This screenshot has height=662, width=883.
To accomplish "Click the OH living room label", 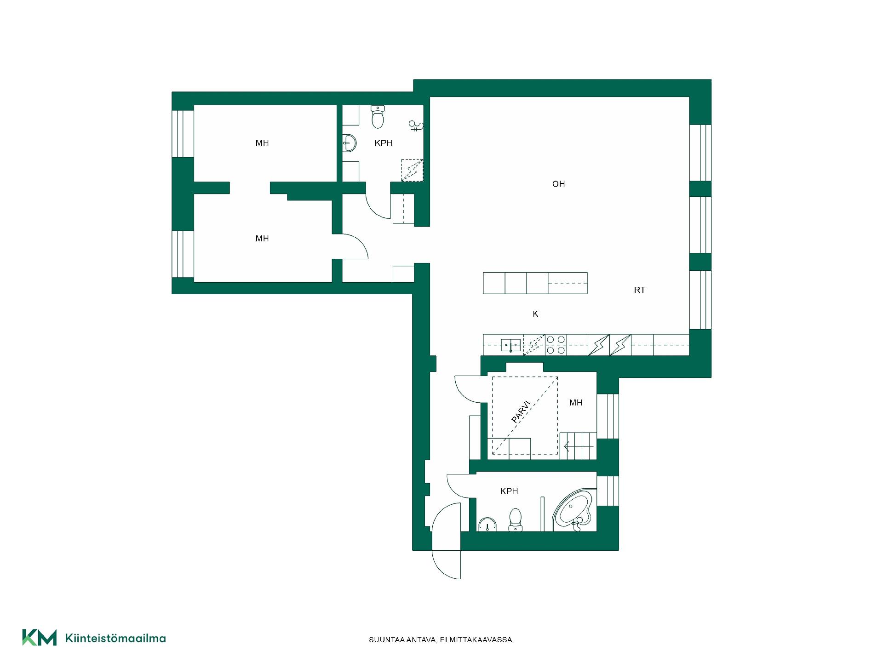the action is point(558,184).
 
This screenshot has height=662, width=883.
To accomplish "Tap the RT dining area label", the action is point(640,290).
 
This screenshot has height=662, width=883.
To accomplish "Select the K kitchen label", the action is point(535,314).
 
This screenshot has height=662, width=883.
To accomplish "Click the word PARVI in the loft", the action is point(522,412).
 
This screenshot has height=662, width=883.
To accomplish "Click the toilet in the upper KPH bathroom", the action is point(378,117).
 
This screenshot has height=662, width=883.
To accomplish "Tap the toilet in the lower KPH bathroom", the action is point(516,520).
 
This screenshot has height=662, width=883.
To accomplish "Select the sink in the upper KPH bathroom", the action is point(350,143).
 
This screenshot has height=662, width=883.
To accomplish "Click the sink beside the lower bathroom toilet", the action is point(487,525).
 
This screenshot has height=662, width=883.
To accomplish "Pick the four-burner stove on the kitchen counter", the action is point(556,345).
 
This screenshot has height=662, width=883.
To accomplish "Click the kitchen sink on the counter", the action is point(511,345).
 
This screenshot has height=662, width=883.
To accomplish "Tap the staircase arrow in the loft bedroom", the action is point(579,446).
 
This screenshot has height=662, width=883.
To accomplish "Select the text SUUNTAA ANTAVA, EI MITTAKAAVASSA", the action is point(441,640).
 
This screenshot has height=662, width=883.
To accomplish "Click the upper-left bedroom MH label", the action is point(262,143).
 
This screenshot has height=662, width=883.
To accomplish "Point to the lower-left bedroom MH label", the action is point(262,239).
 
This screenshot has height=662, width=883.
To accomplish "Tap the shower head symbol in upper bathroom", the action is point(416,126).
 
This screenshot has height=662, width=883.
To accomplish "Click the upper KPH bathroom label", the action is point(384,143).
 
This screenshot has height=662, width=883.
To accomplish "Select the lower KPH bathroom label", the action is point(509,491).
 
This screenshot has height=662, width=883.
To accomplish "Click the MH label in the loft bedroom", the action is point(576,403).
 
